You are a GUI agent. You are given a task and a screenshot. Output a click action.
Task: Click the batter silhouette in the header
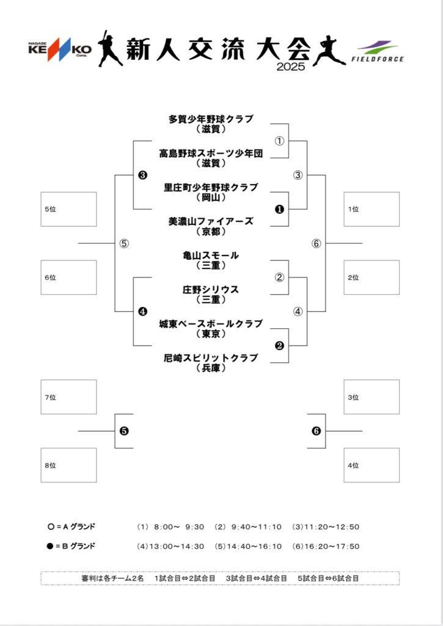pos(110,48)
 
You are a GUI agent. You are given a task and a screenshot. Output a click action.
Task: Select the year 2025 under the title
pos(290,67)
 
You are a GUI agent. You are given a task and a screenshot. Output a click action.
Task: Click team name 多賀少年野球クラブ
pos(211,119)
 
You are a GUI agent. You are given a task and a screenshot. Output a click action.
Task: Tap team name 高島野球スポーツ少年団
pos(211,153)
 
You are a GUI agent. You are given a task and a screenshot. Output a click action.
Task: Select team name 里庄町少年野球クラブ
pos(211,187)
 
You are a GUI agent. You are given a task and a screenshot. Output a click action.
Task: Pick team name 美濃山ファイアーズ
pos(211,221)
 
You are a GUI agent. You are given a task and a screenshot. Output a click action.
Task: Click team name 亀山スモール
pos(211,256)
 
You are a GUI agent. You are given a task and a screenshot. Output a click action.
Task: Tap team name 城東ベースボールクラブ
pos(211,323)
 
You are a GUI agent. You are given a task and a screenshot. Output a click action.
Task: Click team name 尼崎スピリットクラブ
pos(211,358)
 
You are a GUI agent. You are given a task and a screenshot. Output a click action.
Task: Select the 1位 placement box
pos(372,209)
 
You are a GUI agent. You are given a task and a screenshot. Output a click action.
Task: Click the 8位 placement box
pos(68,465)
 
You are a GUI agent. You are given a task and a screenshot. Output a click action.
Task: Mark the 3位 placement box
pos(372,397)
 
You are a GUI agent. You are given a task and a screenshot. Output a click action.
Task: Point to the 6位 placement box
pos(68,278)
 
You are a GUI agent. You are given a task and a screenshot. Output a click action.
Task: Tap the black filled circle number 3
pos(142,175)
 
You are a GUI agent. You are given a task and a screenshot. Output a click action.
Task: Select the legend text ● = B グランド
pos(71,546)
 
